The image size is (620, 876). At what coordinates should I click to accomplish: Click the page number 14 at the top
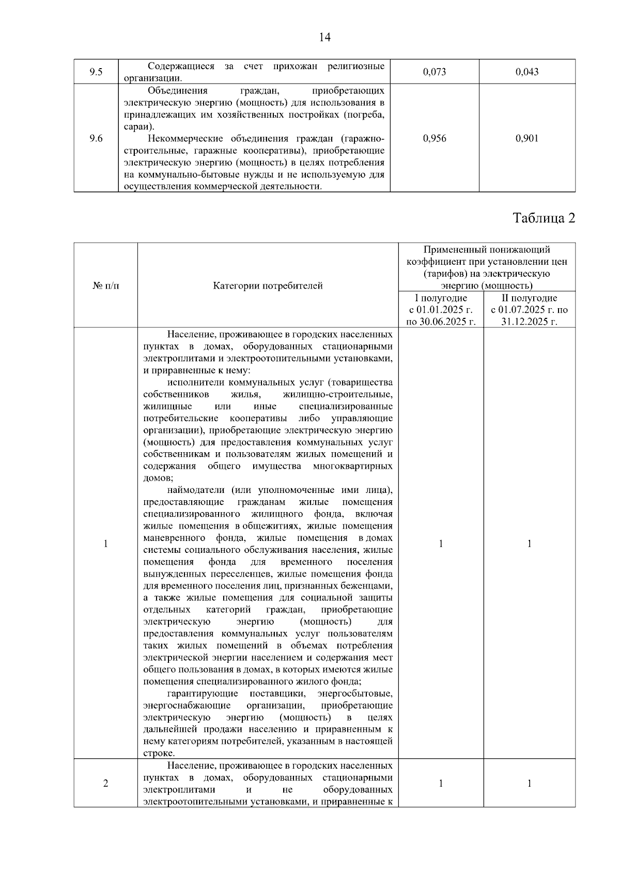(325, 37)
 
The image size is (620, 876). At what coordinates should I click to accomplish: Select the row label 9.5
(96, 72)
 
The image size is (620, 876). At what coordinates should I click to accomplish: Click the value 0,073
(434, 72)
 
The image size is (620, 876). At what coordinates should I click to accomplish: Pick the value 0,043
(526, 72)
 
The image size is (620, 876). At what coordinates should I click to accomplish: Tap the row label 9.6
(96, 138)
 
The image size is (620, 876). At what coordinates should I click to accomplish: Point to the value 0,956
(434, 138)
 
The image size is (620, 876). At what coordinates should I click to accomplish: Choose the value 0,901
(526, 138)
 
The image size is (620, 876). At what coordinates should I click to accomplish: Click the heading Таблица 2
(544, 218)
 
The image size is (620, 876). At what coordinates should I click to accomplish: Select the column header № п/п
(105, 285)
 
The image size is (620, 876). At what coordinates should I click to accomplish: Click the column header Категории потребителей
(268, 285)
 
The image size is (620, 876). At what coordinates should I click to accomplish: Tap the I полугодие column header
(441, 298)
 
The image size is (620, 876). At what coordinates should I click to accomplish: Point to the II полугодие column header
(530, 298)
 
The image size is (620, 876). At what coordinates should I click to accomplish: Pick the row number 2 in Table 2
(105, 784)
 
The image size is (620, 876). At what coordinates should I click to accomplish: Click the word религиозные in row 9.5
(356, 67)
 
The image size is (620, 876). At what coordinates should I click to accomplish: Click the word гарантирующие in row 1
(203, 693)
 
